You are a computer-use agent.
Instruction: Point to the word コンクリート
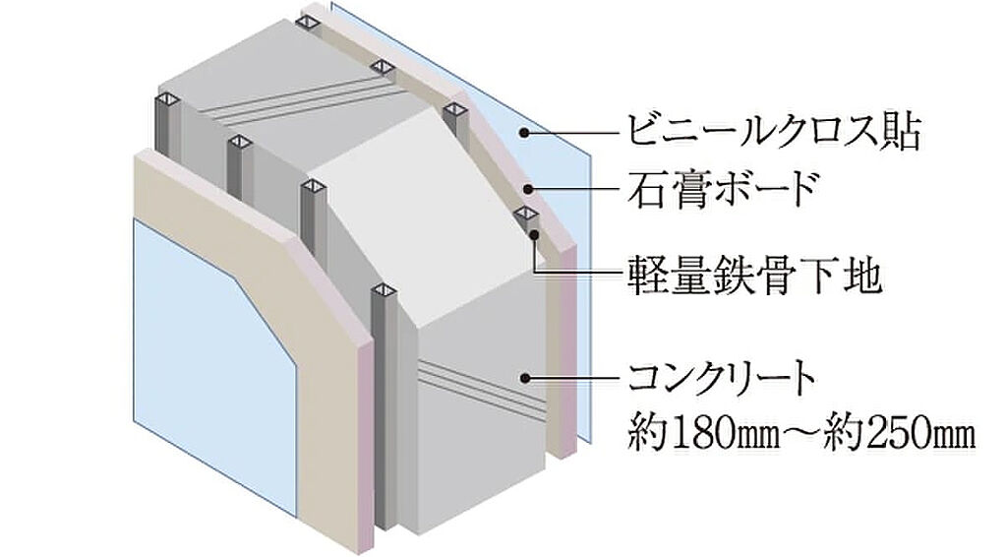coord(722,377)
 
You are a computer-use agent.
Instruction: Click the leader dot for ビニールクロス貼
coord(526,133)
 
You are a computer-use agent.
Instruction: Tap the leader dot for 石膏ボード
coord(528,189)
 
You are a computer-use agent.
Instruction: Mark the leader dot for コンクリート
coord(527,377)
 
